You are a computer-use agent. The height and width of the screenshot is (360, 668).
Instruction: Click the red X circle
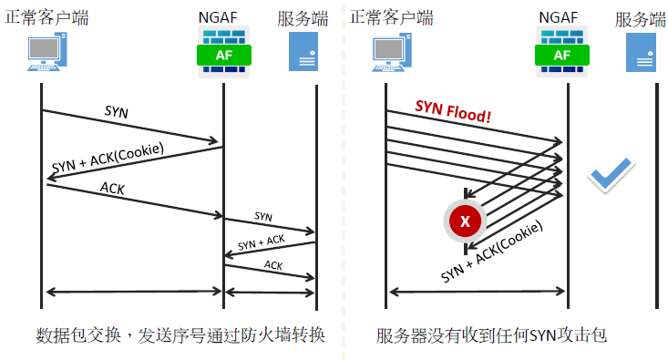tap(466, 220)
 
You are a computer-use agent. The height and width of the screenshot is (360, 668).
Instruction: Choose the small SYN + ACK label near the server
tap(263, 242)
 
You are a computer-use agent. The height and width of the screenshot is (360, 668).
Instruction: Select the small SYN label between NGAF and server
tap(263, 217)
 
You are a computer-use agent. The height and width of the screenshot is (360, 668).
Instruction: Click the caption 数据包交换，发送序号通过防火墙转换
tap(176, 334)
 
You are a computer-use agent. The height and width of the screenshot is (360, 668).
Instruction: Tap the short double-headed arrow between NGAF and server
tap(270, 292)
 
